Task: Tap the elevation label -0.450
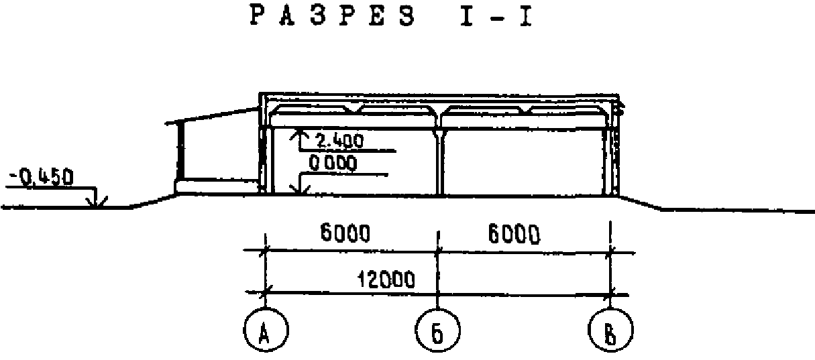40,178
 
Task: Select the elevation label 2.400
339,141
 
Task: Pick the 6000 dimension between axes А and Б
343,235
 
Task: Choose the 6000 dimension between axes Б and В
514,235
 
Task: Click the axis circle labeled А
265,330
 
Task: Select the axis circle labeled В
610,330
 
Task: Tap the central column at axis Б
439,164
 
